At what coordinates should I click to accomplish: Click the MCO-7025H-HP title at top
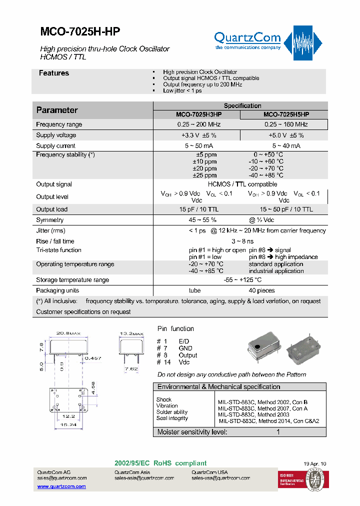79,31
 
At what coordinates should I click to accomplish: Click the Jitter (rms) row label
50,230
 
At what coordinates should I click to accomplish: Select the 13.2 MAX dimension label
131,333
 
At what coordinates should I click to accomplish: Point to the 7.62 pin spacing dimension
131,369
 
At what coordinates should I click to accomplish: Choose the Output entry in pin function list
188,355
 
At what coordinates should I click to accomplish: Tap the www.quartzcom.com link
61,486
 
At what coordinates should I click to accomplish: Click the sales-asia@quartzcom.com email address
144,478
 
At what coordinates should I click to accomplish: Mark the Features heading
54,73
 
